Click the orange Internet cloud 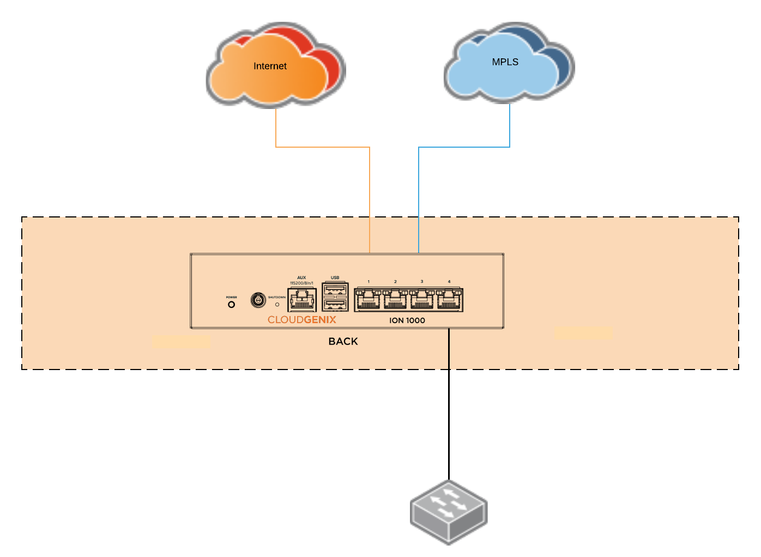[270, 74]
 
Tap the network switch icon [449, 512]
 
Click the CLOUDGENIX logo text [301, 320]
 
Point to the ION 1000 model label [407, 320]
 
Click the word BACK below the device [343, 342]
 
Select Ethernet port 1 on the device [369, 299]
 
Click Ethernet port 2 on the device [395, 299]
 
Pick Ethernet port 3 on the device [422, 299]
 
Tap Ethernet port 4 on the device [449, 299]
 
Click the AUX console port [301, 300]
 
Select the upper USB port [335, 289]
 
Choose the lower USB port [335, 304]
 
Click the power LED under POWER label [231, 305]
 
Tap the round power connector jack [258, 300]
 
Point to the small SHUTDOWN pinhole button [277, 304]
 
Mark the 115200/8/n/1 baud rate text [301, 283]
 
